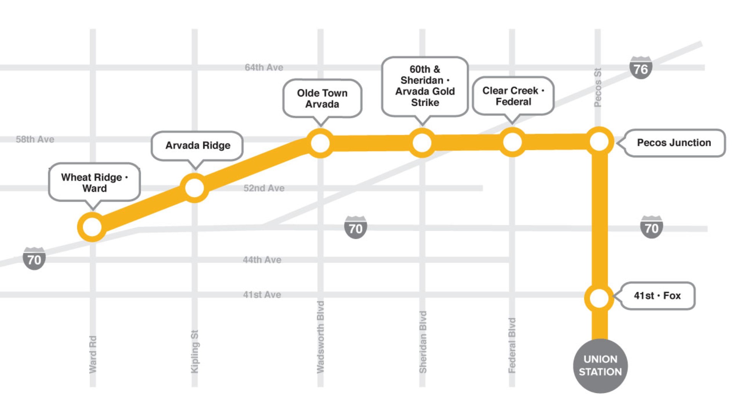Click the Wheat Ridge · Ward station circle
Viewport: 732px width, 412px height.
pyautogui.click(x=92, y=227)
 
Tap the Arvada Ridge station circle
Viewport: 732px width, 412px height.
pyautogui.click(x=194, y=188)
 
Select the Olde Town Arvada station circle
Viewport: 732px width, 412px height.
pyautogui.click(x=320, y=143)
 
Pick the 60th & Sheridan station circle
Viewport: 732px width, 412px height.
pyautogui.click(x=422, y=143)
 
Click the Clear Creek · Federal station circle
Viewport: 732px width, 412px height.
pyautogui.click(x=512, y=142)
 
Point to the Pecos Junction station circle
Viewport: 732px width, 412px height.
pyautogui.click(x=599, y=142)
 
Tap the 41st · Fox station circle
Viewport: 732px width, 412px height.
pyautogui.click(x=599, y=298)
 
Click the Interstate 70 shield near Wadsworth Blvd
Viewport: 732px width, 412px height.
pyautogui.click(x=355, y=228)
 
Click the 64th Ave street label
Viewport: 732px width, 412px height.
pyautogui.click(x=264, y=68)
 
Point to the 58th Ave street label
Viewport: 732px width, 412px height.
pyautogui.click(x=35, y=139)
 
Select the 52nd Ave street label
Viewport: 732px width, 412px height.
pyautogui.click(x=264, y=188)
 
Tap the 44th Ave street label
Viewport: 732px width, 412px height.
pyautogui.click(x=262, y=260)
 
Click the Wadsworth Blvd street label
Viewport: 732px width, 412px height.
pyautogui.click(x=320, y=337)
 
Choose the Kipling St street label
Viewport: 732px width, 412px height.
pyautogui.click(x=194, y=351)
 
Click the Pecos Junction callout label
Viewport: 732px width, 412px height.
pyautogui.click(x=674, y=143)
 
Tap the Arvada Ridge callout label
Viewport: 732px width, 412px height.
pyautogui.click(x=197, y=145)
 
